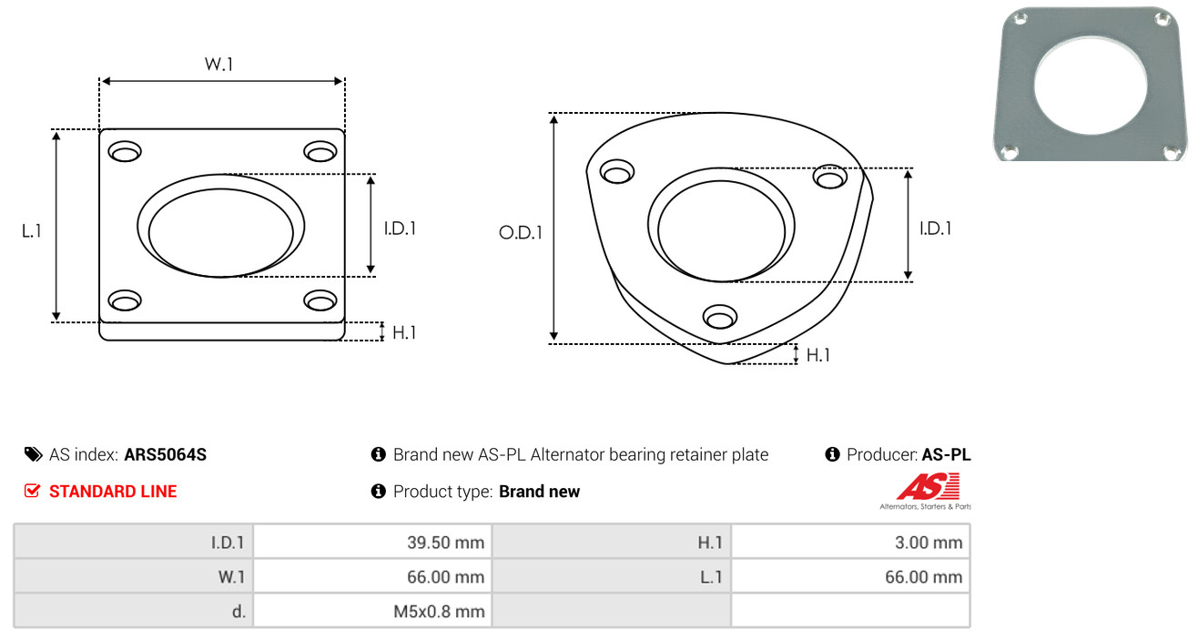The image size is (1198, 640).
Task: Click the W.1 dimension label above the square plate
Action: tap(218, 64)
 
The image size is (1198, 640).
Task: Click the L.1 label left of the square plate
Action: tap(32, 231)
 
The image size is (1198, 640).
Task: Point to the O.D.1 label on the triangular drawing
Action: tap(521, 232)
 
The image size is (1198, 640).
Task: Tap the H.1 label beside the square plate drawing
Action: tap(404, 332)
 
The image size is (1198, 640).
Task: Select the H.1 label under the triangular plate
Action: tap(817, 355)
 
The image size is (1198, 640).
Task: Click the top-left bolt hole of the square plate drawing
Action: tap(125, 152)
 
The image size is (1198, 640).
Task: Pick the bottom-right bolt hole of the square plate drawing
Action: tap(320, 300)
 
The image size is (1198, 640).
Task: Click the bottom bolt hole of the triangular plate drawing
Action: tap(720, 317)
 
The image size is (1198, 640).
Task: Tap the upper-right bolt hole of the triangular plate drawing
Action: tap(830, 177)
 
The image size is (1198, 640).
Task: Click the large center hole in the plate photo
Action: tap(1091, 86)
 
